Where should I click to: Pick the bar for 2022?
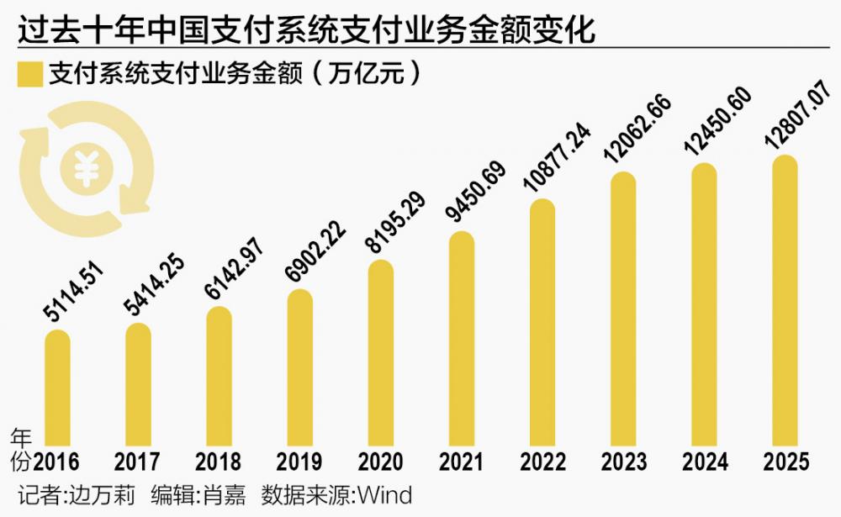pos(542,323)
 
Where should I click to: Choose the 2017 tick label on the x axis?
pos(137,462)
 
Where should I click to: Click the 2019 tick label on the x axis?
pos(299,462)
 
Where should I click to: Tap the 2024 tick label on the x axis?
pos(705,462)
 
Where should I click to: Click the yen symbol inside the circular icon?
pos(87,169)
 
